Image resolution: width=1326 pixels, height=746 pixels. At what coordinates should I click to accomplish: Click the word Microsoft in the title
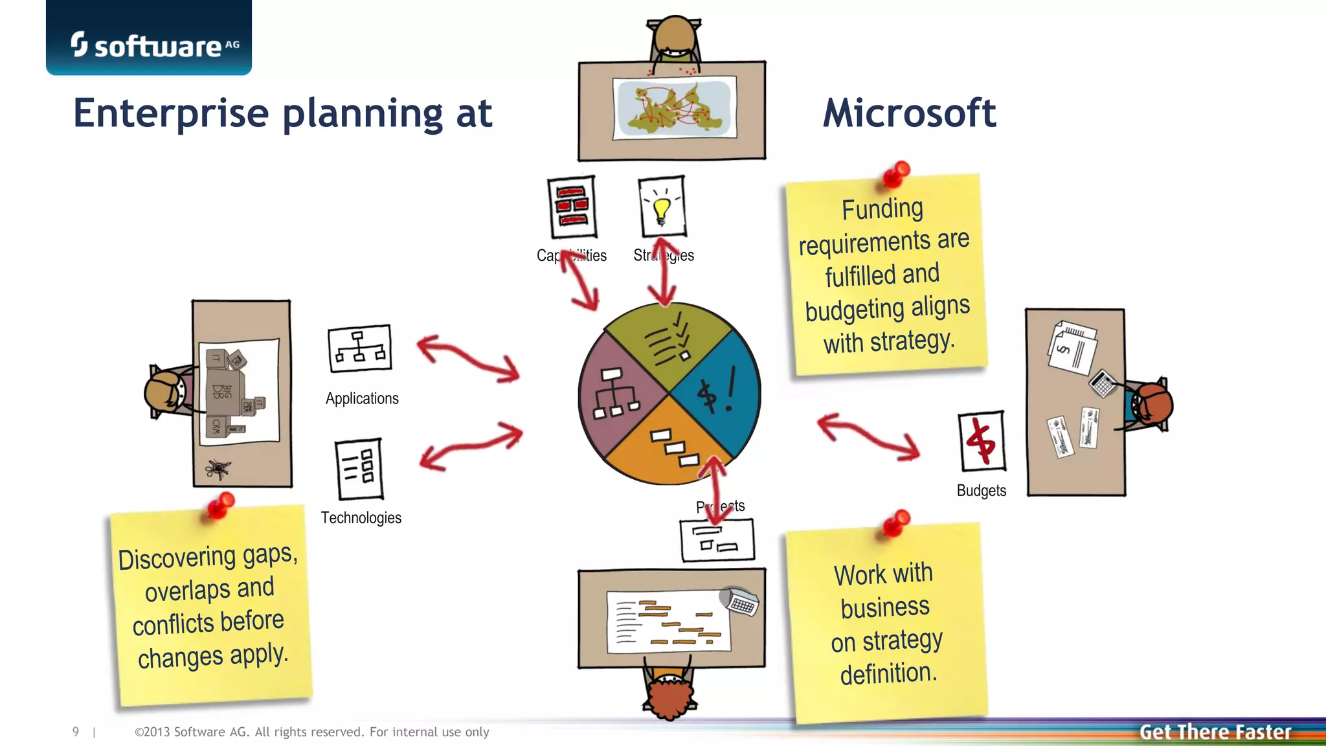click(x=909, y=113)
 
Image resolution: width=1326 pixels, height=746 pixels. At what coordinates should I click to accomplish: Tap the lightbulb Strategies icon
click(x=662, y=207)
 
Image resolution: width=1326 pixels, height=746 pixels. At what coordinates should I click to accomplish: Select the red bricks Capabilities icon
click(x=572, y=207)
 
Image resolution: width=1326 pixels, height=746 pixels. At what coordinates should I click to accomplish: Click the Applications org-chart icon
click(x=360, y=348)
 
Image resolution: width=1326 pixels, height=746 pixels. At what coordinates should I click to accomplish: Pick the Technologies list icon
click(x=359, y=469)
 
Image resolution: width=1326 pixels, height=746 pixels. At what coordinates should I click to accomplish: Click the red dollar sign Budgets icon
click(x=982, y=441)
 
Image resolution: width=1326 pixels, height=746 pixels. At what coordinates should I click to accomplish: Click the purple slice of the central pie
click(x=615, y=395)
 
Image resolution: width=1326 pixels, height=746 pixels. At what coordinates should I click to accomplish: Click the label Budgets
click(x=981, y=491)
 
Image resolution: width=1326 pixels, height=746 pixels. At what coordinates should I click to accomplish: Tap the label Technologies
click(x=361, y=518)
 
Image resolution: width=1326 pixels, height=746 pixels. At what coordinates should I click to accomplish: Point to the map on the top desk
click(x=674, y=107)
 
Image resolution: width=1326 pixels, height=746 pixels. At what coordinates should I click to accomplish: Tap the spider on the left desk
click(x=217, y=469)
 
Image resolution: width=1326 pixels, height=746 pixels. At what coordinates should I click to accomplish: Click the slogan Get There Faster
click(x=1215, y=732)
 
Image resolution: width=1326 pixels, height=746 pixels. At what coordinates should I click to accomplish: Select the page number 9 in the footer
click(x=76, y=732)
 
